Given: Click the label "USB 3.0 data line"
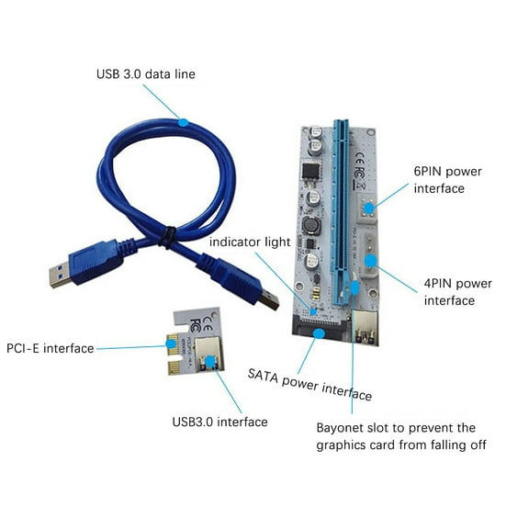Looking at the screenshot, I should [x=146, y=73].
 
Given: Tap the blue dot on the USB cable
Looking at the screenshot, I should [x=183, y=121].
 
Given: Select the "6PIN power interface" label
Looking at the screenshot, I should [x=448, y=179].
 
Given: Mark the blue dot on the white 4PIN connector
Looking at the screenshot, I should [x=369, y=261].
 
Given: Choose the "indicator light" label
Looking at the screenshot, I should [x=250, y=242].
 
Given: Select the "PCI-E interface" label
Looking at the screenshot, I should [x=50, y=348].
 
